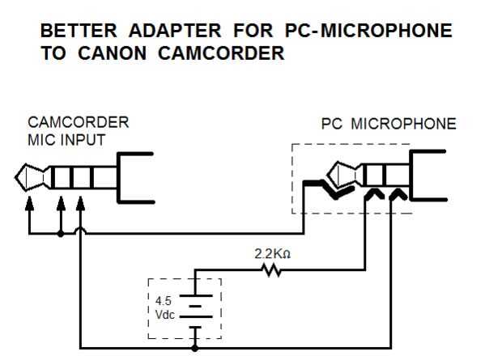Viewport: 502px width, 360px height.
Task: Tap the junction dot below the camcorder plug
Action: [x=61, y=234]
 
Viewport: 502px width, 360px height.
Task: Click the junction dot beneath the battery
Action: [x=195, y=348]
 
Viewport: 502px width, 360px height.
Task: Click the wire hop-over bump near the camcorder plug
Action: [x=79, y=232]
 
